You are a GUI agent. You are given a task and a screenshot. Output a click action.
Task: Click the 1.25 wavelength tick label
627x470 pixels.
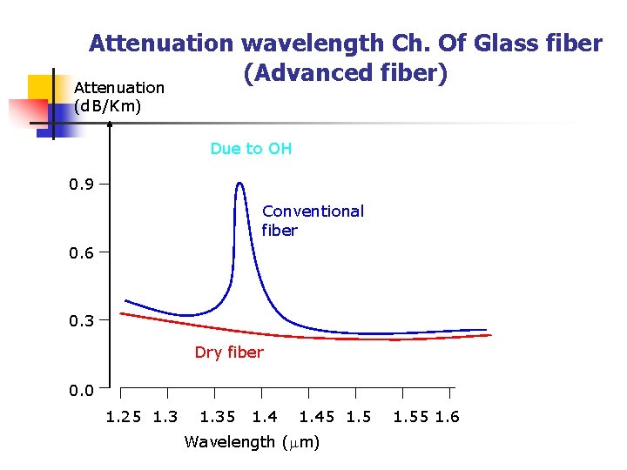point(125,417)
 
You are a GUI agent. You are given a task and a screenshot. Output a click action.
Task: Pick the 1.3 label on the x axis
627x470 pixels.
point(165,417)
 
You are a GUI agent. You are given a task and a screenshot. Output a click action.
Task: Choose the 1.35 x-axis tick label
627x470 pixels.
point(218,417)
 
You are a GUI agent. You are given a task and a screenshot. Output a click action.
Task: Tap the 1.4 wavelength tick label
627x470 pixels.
point(265,417)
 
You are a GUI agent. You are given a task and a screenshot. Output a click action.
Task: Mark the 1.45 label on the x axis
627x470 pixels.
point(318,417)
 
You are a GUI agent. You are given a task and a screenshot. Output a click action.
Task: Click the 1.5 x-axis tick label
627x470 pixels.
point(359,417)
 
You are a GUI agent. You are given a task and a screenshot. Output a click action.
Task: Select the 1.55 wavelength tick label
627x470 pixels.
point(411,417)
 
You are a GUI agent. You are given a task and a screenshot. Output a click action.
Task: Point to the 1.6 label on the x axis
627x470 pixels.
point(448,417)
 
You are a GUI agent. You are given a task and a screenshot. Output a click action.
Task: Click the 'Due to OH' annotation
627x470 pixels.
point(251,149)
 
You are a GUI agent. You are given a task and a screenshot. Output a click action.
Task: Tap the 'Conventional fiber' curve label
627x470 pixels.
point(313,221)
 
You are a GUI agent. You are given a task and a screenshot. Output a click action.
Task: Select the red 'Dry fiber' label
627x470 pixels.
point(228,352)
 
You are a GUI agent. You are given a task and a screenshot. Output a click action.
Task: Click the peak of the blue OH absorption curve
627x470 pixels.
point(239,184)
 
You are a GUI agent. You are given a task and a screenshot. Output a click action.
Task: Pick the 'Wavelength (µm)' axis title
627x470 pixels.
point(252,442)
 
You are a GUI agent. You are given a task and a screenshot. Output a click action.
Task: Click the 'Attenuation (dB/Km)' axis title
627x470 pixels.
point(118,97)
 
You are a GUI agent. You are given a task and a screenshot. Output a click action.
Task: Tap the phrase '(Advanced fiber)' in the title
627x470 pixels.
point(345,74)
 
